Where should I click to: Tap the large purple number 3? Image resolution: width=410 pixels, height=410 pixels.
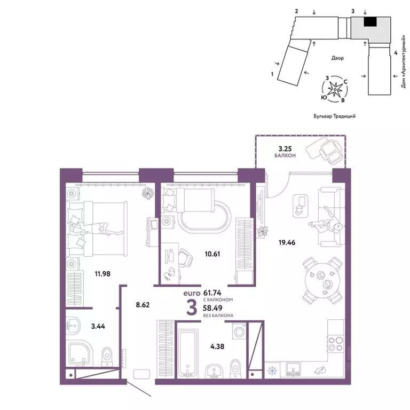point(190,307)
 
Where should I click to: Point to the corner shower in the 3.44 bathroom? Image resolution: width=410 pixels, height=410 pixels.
point(80,353)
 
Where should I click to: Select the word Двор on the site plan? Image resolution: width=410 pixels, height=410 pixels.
point(336,58)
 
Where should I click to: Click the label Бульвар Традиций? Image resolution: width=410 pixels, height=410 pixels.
point(335,115)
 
